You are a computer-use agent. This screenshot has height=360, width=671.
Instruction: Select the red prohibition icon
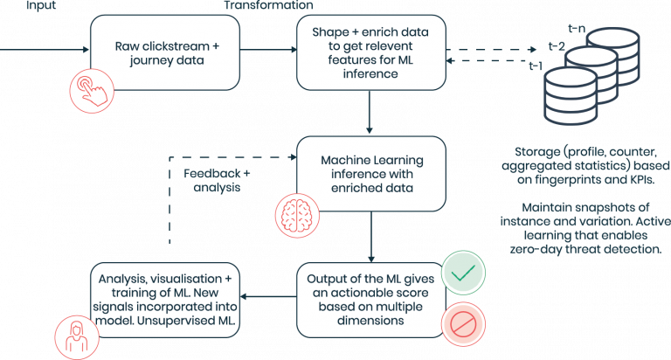pos(463,324)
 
